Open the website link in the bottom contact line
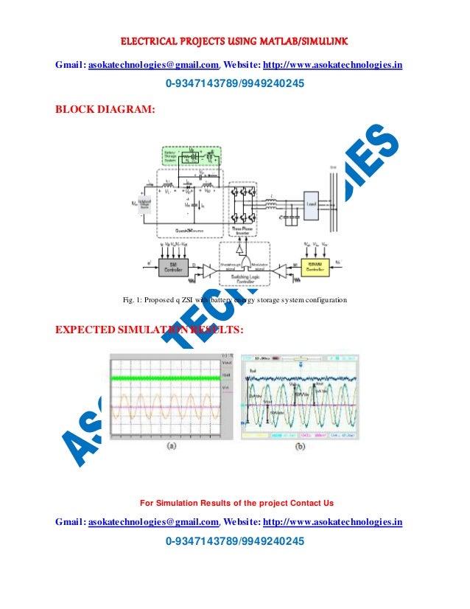click(332, 522)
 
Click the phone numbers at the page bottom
click(235, 542)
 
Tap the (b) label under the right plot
click(301, 447)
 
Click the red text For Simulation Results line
click(236, 503)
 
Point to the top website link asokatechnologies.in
click(332, 65)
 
